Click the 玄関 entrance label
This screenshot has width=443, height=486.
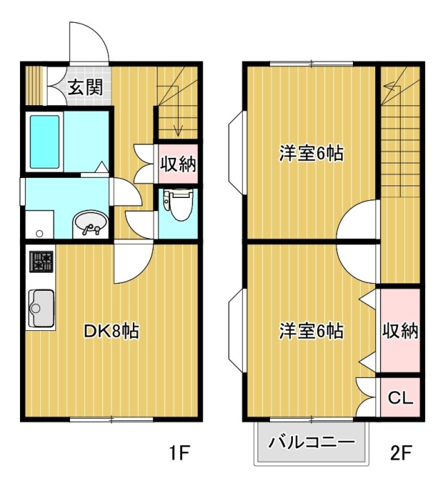coord(85,87)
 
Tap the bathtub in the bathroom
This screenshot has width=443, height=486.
coord(44,142)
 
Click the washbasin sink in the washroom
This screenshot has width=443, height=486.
coord(91,225)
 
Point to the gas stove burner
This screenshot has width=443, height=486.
coord(42,262)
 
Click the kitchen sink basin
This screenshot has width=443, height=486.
coord(42,308)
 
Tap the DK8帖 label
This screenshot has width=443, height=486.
coord(111,331)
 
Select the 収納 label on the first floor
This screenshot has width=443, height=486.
coord(178,164)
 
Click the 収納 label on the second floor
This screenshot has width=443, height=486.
coord(400,331)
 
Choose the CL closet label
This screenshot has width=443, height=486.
coord(400,397)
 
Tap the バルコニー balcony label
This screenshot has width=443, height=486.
coord(311,442)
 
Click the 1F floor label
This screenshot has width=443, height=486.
coord(179,453)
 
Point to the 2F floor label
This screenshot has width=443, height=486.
coord(401,453)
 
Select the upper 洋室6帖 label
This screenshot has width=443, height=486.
coord(311,153)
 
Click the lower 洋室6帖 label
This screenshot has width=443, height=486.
coord(311,331)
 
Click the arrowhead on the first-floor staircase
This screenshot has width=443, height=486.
coord(177,132)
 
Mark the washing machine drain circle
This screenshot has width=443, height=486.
coord(39,233)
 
